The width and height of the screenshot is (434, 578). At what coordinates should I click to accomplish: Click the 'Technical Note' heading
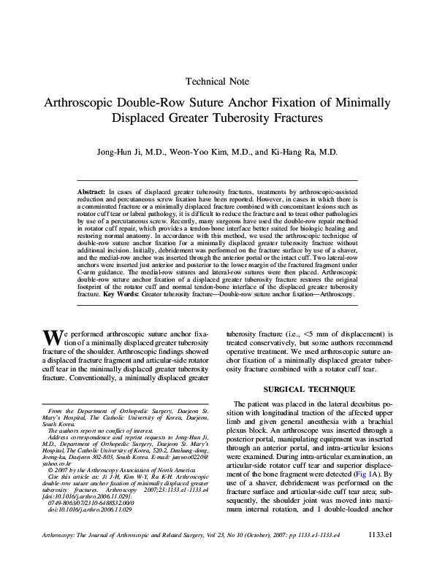pyautogui.click(x=218, y=82)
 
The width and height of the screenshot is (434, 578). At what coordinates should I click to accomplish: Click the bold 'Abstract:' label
pyautogui.click(x=91, y=190)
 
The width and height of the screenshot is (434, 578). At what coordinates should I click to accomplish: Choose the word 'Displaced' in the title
pyautogui.click(x=140, y=117)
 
